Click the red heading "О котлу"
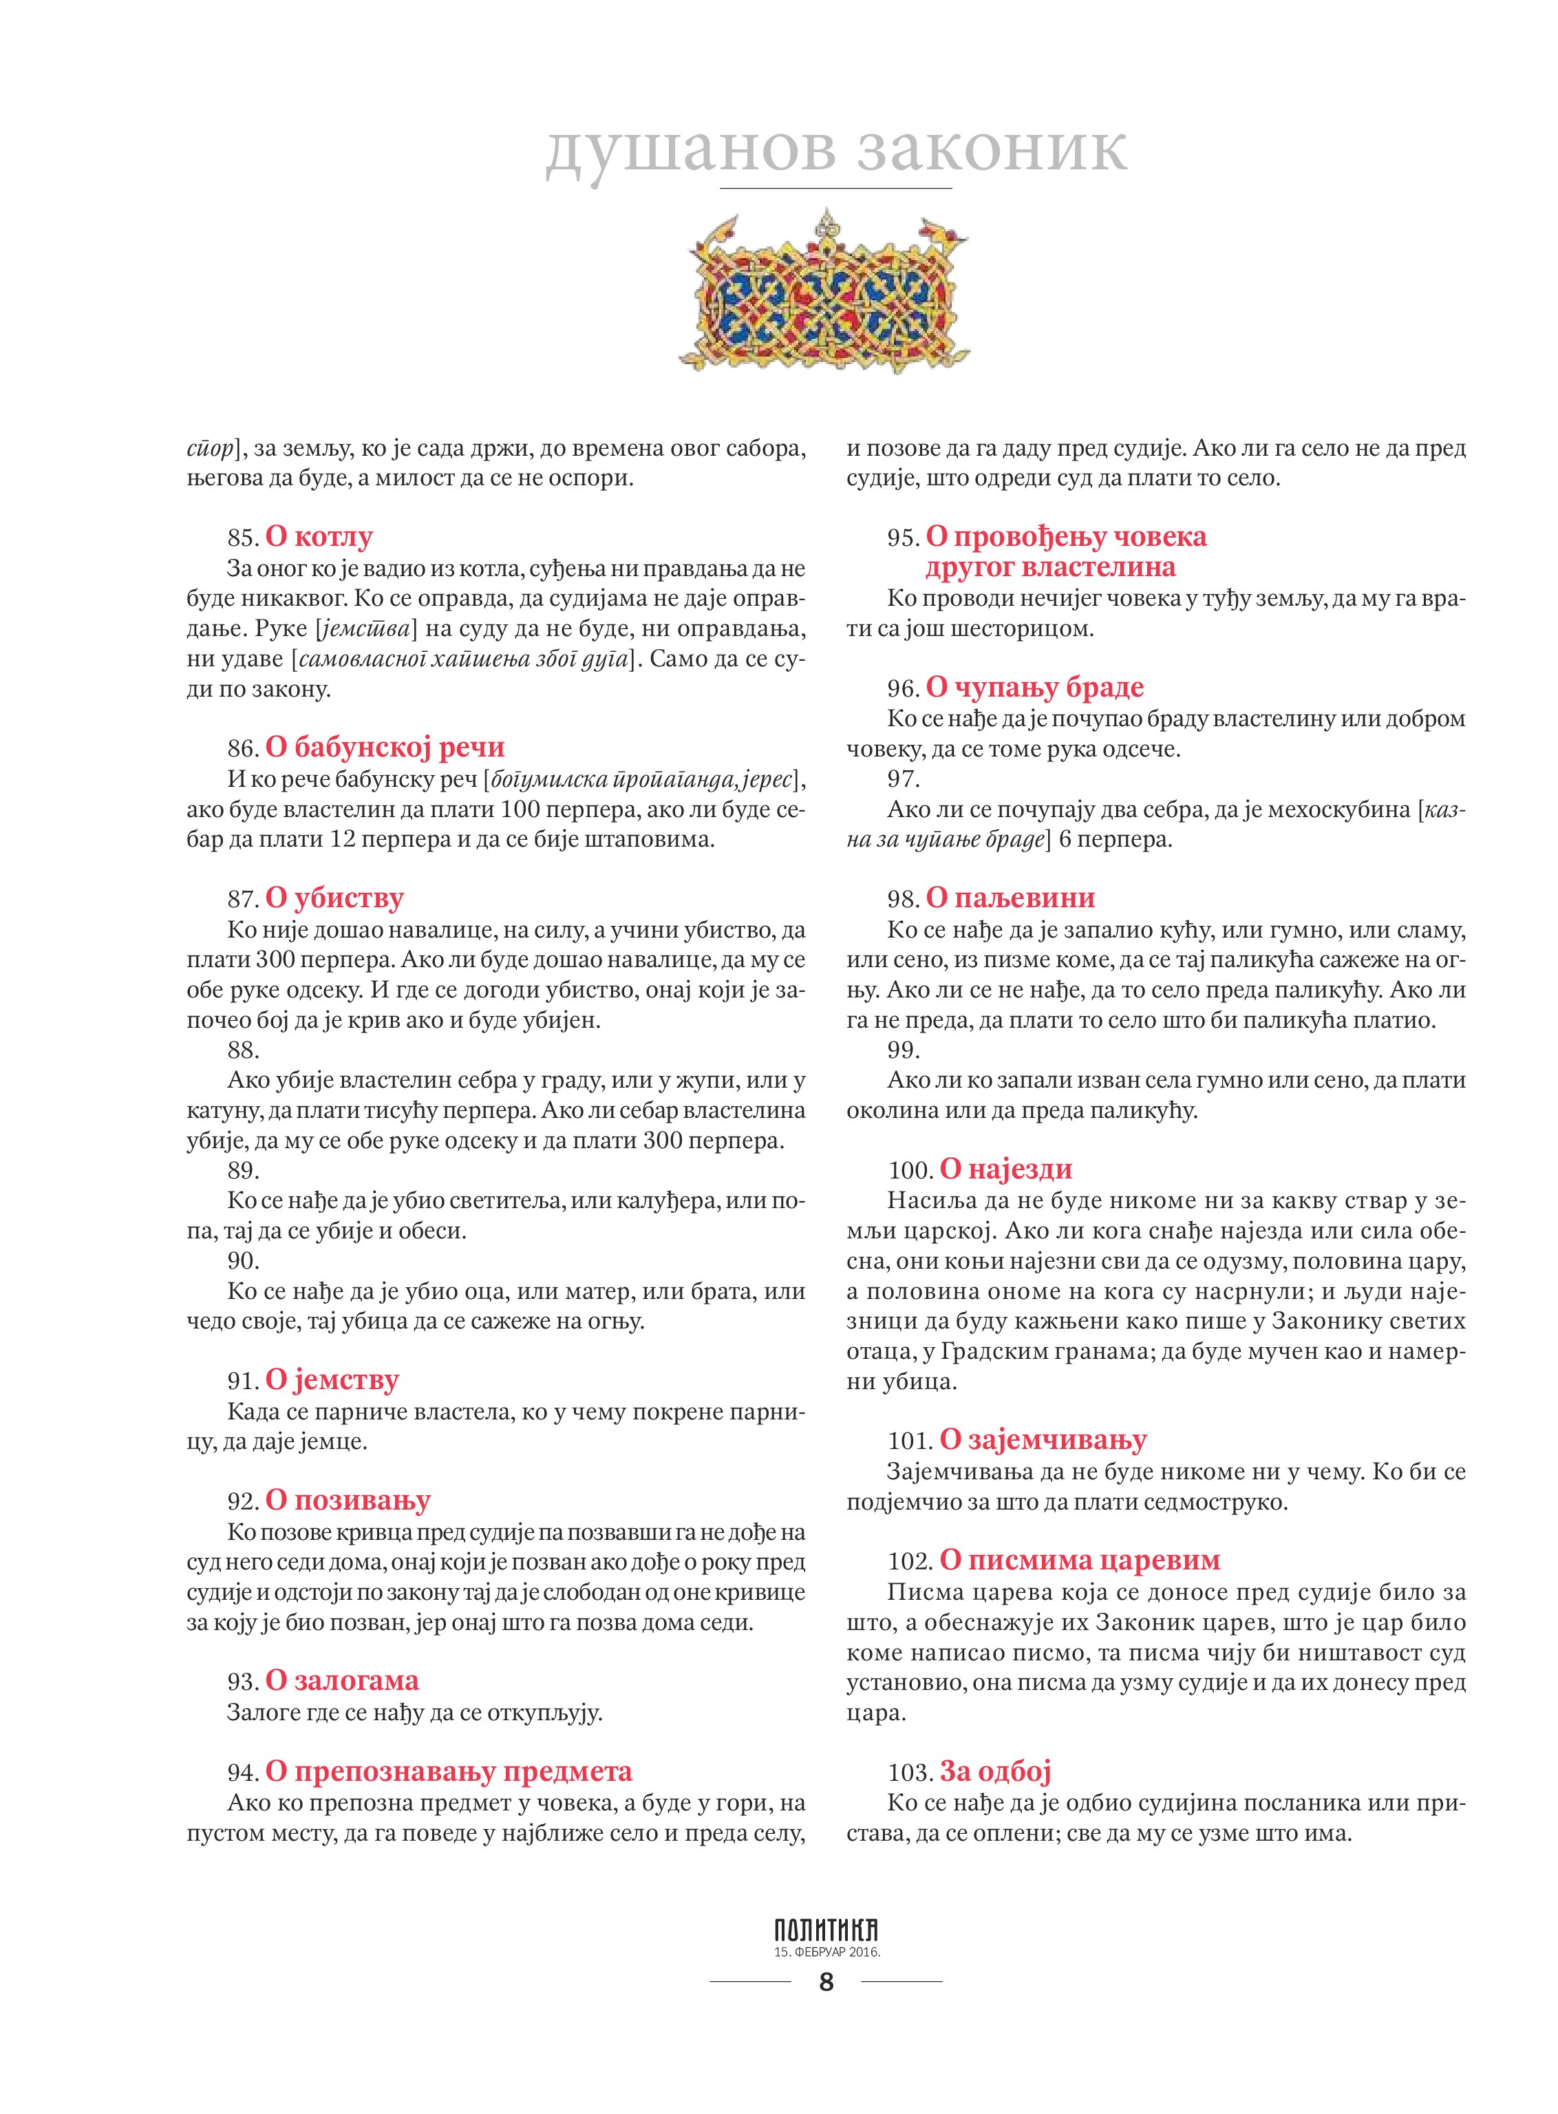point(319,537)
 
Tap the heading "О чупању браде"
point(1034,687)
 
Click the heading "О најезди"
point(1006,1169)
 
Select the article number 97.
point(904,779)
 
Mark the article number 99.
point(904,1050)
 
